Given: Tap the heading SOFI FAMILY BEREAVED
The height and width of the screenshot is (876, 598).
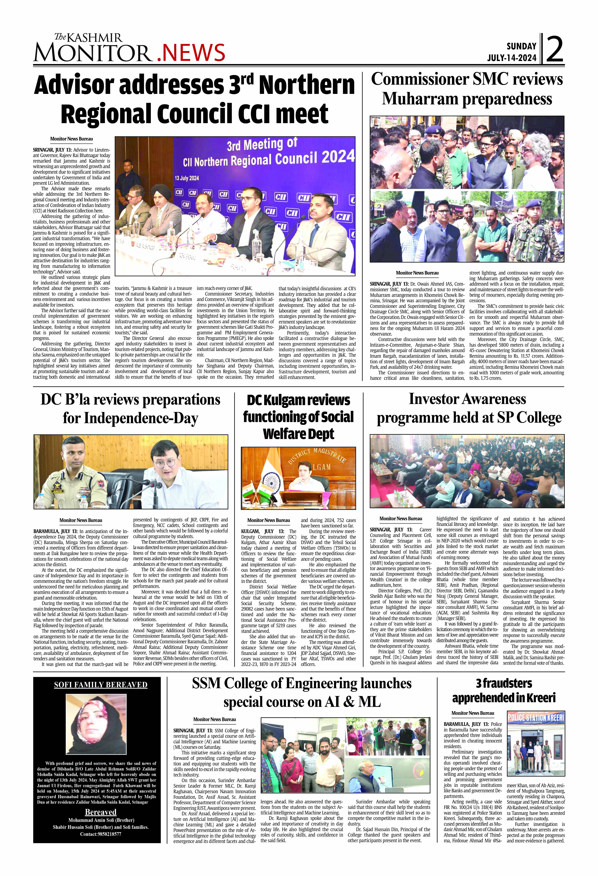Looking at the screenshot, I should tap(101, 685).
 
